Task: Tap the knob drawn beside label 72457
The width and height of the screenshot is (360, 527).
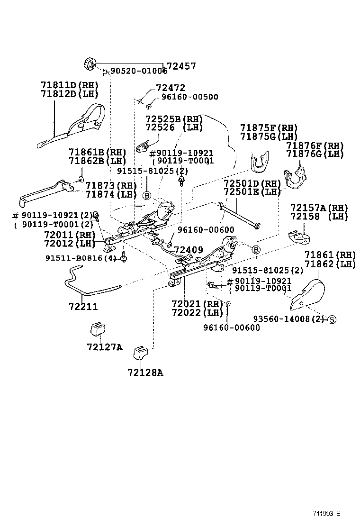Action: click(x=90, y=63)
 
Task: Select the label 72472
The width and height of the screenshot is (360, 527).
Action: click(x=171, y=88)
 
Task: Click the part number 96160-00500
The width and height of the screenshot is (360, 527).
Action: click(x=189, y=97)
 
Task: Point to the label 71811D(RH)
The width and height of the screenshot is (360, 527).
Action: click(x=69, y=85)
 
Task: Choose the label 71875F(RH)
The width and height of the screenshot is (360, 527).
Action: click(x=269, y=128)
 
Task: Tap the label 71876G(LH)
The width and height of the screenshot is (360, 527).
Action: click(x=315, y=154)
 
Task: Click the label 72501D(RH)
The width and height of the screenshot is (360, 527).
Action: click(x=252, y=183)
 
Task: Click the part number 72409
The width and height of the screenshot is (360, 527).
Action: click(x=189, y=250)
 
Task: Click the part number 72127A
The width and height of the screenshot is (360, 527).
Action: click(x=104, y=347)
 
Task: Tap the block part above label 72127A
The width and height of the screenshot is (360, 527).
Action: click(x=97, y=329)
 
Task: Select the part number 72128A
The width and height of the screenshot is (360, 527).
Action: click(x=145, y=372)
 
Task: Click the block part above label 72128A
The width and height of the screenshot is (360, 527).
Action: click(x=141, y=353)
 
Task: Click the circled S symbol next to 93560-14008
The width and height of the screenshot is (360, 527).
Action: click(x=332, y=319)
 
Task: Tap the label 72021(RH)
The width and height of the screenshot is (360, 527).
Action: click(x=197, y=303)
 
